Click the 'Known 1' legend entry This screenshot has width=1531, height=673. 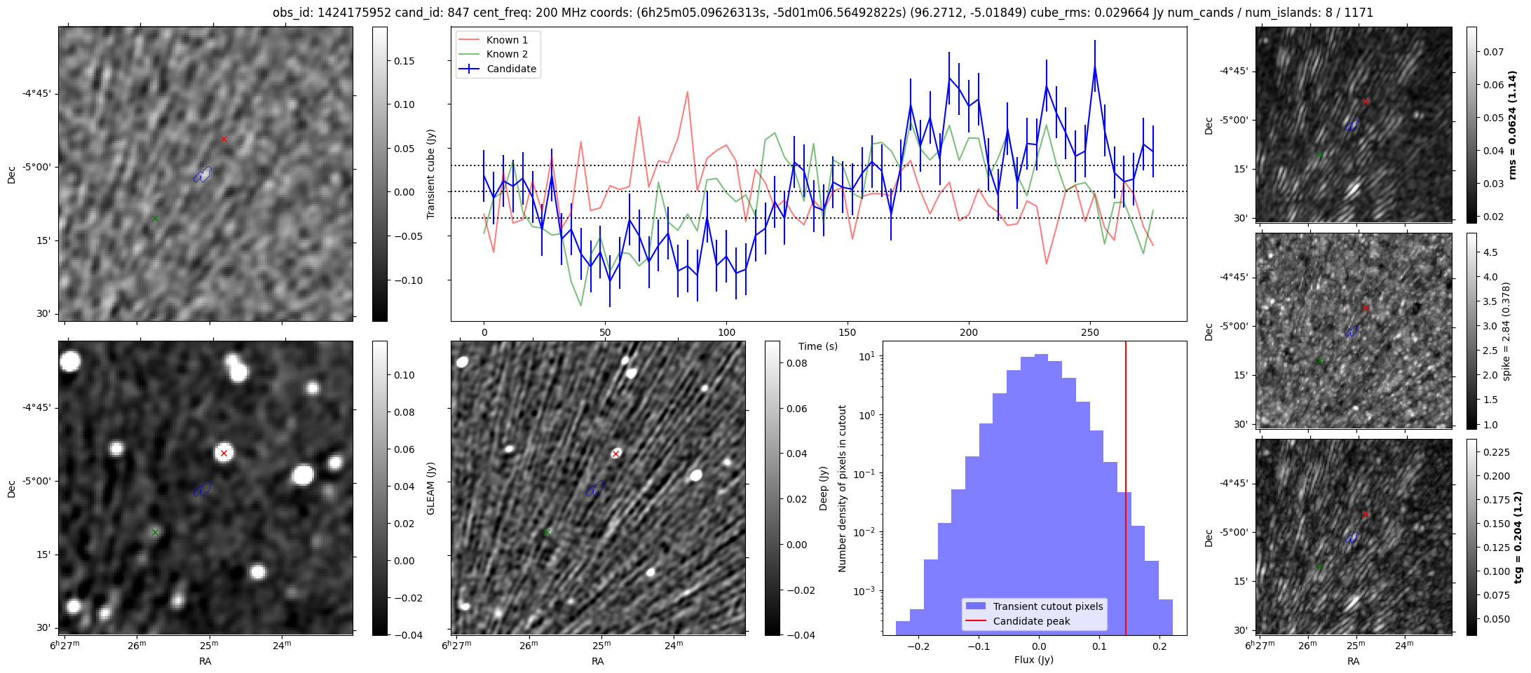coord(507,40)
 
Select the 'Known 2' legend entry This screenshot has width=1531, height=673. coord(507,54)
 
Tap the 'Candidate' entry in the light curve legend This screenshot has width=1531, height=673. coord(511,69)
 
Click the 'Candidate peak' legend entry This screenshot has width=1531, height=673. coord(1031,621)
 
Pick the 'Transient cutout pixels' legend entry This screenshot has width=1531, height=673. coord(1048,606)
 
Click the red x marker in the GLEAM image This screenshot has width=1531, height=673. coord(224,453)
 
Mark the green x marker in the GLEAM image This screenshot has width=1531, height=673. coord(155,532)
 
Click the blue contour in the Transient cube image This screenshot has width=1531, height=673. coord(203,175)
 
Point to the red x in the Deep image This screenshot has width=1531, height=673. coord(615,454)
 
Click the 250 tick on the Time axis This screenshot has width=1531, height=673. coord(1089,332)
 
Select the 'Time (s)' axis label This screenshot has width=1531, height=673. coord(818,346)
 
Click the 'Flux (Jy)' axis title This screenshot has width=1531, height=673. coord(1034,660)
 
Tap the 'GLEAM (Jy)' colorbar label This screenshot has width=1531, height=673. coord(431,488)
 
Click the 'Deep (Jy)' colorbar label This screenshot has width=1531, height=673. coord(824,488)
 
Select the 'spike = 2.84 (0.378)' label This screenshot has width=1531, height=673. coord(1506,332)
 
